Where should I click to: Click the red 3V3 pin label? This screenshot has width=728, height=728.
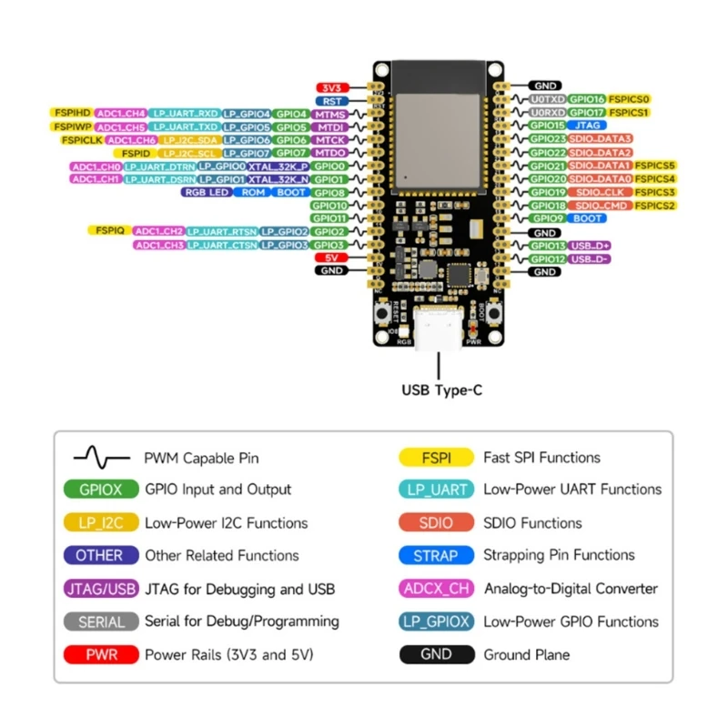[329, 87]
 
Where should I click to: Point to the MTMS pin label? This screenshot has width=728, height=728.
[329, 115]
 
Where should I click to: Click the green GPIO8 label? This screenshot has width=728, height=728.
[329, 193]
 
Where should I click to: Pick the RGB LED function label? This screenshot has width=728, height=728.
[207, 193]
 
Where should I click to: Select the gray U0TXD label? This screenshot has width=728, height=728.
[549, 98]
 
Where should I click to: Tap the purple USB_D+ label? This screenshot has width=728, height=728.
[590, 246]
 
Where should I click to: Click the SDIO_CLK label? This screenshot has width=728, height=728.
[602, 193]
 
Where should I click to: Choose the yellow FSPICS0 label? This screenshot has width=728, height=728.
[630, 98]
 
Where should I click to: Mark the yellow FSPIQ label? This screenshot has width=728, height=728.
[109, 231]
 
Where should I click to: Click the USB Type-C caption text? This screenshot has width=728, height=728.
[441, 390]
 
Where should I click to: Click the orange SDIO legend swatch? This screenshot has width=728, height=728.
[437, 523]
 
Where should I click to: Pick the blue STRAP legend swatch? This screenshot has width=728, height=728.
[437, 555]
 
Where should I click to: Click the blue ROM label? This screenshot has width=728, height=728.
[254, 193]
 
